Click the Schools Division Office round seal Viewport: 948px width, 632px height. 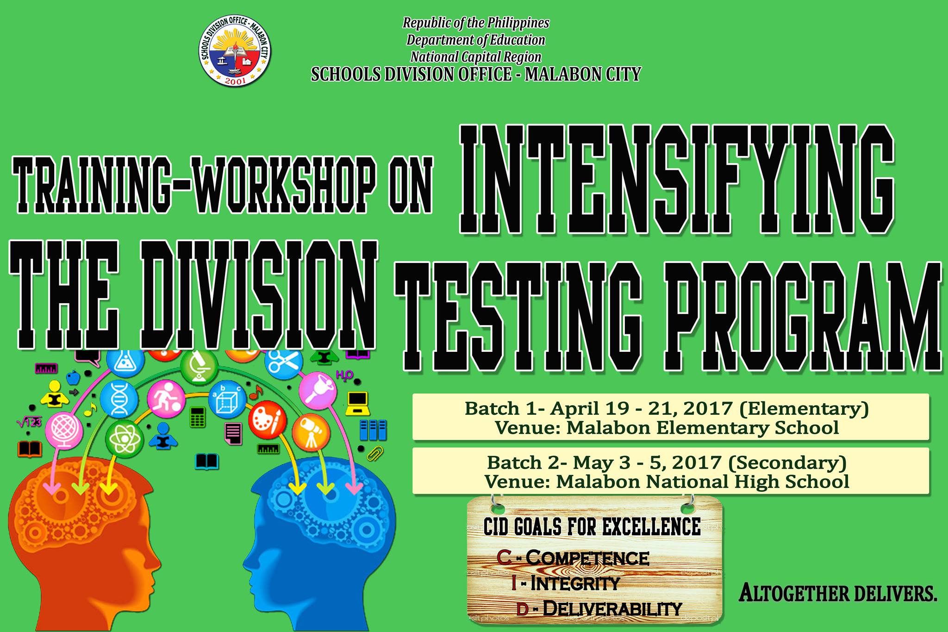pyautogui.click(x=234, y=54)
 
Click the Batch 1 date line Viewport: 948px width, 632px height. pyautogui.click(x=667, y=408)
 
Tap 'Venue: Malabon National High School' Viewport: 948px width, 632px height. pyautogui.click(x=667, y=482)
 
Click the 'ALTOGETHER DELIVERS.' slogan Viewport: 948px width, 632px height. pyautogui.click(x=838, y=594)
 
